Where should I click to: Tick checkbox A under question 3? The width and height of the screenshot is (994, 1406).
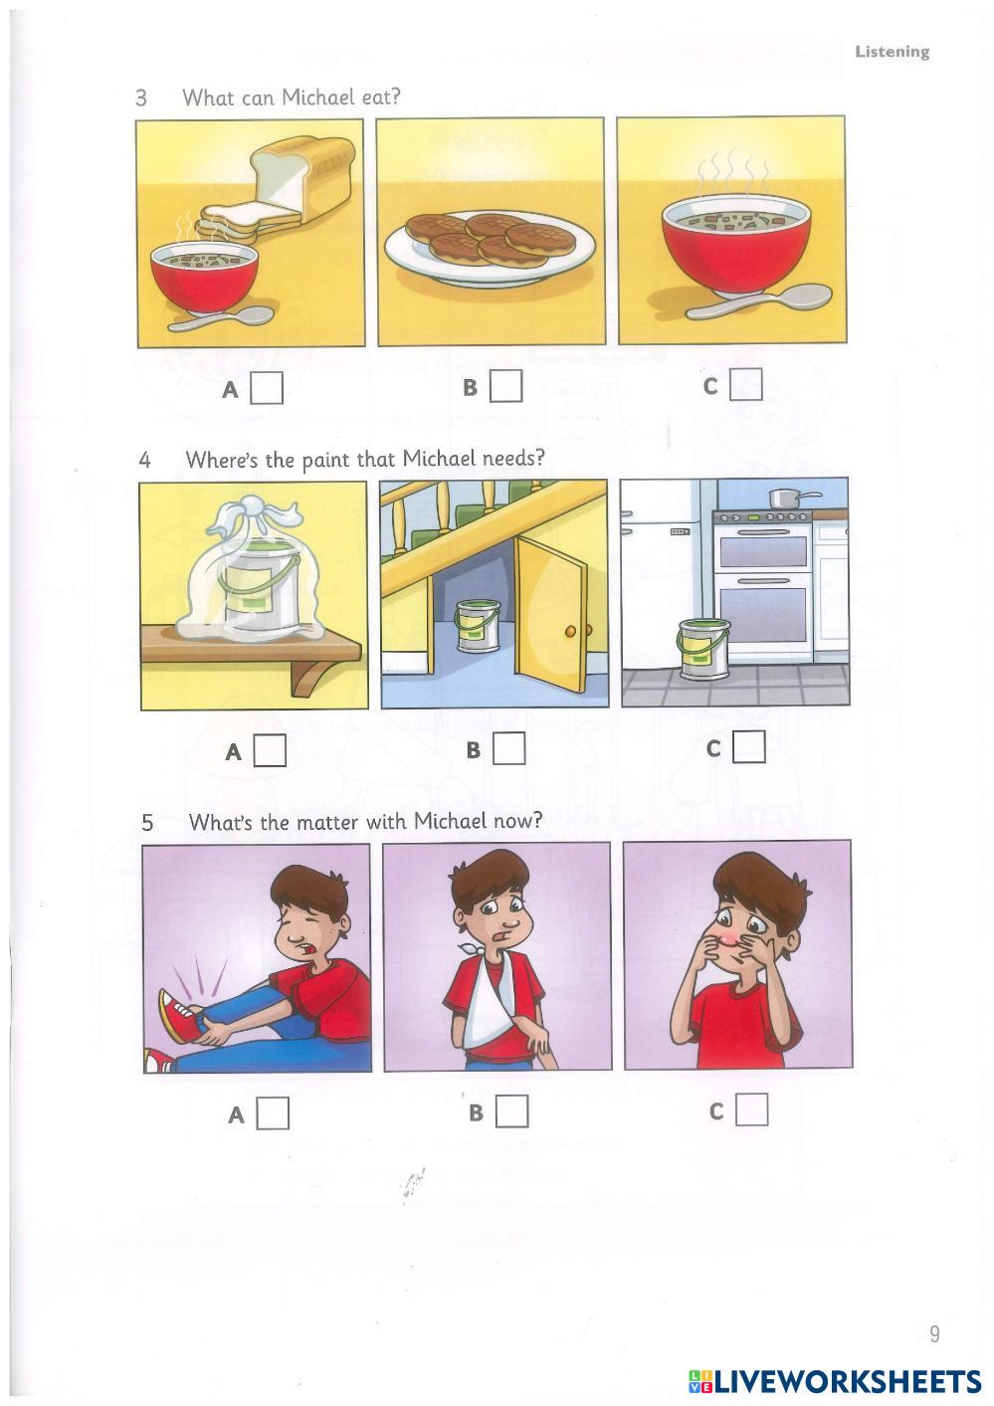pos(266,388)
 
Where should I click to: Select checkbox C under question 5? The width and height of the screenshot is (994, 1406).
pos(752,1109)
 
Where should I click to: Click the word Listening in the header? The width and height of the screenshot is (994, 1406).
pos(892,52)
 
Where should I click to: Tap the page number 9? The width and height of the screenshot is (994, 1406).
pos(934,1333)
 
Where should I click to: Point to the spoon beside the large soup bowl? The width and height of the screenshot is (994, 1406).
pos(759,301)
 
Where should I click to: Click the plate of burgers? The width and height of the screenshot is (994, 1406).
pos(490,246)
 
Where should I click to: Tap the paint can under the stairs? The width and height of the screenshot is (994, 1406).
pos(477,625)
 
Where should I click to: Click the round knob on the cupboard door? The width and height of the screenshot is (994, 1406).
pos(570,631)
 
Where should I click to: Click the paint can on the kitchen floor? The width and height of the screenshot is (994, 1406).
pos(703,649)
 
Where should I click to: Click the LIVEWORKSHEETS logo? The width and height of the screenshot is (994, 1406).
pos(835,1381)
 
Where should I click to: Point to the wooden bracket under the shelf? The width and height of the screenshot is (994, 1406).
pos(311,679)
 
